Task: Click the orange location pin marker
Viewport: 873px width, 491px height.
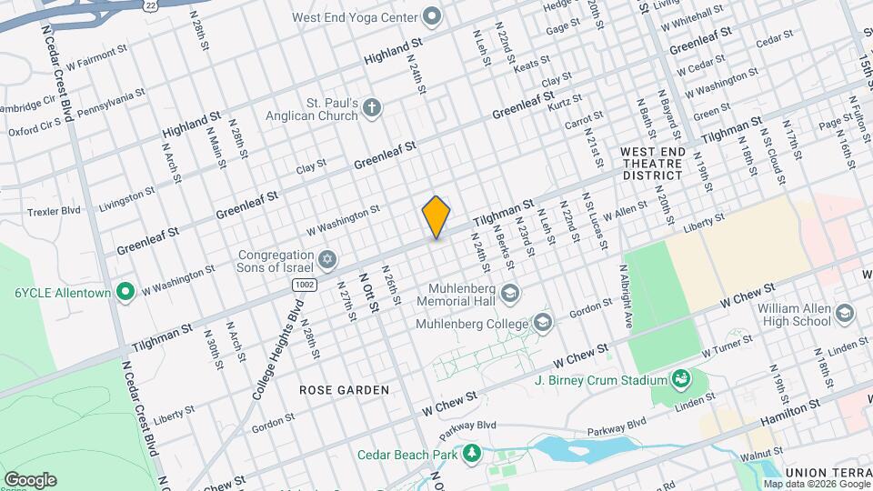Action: pos(436,217)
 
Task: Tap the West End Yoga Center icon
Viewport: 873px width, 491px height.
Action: pos(433,17)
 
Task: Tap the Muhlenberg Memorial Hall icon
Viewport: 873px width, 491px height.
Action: pos(509,292)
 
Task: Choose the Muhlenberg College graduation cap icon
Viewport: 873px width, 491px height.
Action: pos(543,322)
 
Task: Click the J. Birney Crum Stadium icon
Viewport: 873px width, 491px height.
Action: pos(679,378)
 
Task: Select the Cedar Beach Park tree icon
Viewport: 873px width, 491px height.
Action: pos(471,453)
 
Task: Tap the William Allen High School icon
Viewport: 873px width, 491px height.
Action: pos(846,314)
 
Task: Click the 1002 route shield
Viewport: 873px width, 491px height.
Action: pos(304,286)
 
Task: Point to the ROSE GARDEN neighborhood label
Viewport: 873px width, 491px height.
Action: pos(344,390)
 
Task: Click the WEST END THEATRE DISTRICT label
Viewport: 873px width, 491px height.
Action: pos(651,163)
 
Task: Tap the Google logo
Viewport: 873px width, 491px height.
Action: pos(30,479)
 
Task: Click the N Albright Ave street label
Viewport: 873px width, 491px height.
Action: pos(626,296)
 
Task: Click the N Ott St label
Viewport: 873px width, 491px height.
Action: pos(369,293)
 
